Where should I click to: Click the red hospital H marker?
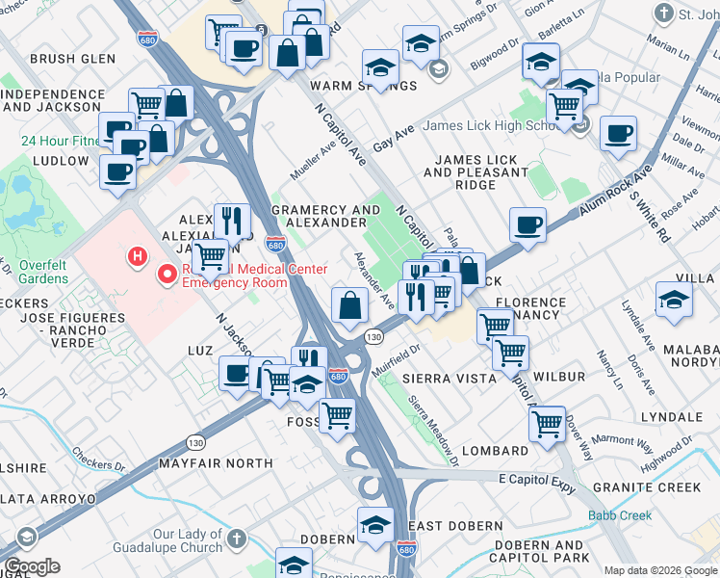point(139,257)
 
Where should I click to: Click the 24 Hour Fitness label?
point(59,141)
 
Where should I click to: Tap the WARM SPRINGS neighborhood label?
point(364,86)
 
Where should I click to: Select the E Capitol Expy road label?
point(536,481)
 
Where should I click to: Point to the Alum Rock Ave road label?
point(615,189)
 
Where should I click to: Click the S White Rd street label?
point(646,209)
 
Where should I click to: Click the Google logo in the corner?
point(32,566)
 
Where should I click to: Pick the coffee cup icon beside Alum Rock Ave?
point(527,225)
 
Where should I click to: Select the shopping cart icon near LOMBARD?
point(547,422)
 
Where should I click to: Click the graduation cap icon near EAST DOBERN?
point(375,524)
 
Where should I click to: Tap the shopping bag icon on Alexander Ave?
point(349,305)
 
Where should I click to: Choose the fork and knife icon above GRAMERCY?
point(231,220)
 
